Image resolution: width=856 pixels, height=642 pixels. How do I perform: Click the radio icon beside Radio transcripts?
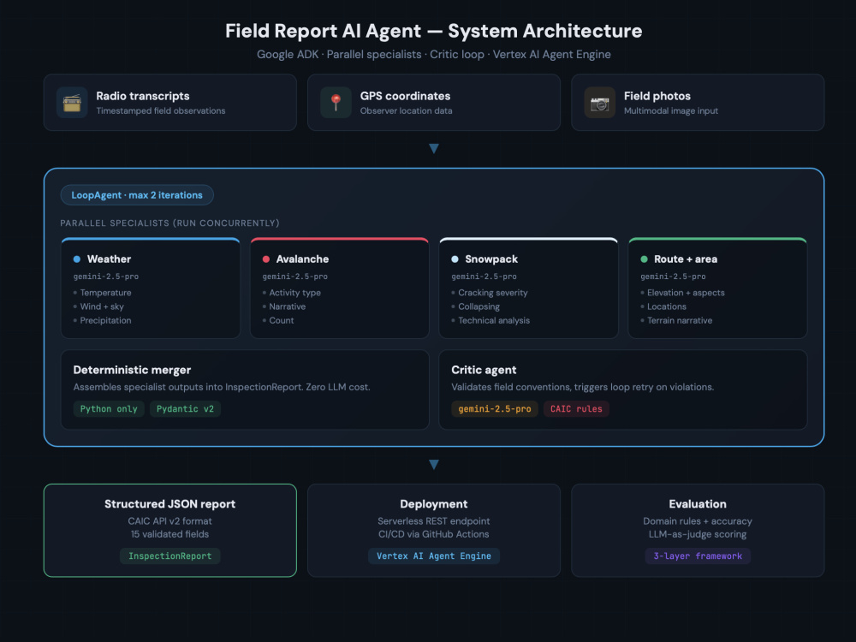72,103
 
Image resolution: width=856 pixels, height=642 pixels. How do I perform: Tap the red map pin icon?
336,103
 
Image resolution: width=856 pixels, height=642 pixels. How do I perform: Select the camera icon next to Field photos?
599,103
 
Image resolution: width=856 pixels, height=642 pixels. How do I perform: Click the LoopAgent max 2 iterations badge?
137,195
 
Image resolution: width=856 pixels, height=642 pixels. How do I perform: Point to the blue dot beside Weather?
77,259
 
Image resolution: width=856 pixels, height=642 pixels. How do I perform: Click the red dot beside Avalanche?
266,259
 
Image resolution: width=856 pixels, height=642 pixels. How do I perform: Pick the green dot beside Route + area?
645,259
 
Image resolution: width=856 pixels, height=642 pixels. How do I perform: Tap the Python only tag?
109,409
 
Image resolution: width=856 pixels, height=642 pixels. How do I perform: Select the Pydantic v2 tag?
185,409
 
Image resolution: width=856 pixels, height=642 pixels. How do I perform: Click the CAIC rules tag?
576,409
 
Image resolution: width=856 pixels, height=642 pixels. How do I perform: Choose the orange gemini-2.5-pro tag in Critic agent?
495,409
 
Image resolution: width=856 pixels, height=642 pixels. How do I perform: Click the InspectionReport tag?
169,556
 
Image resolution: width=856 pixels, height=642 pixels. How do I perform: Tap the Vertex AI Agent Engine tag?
434,556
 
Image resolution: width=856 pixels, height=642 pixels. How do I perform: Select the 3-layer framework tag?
698,556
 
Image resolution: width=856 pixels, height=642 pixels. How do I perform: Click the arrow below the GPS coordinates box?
434,148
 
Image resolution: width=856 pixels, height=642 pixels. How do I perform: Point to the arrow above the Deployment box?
434,465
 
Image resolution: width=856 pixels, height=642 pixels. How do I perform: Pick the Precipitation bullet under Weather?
103,320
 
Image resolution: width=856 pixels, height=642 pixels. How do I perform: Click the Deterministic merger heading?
132,370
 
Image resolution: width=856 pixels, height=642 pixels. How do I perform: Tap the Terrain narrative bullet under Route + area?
676,320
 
